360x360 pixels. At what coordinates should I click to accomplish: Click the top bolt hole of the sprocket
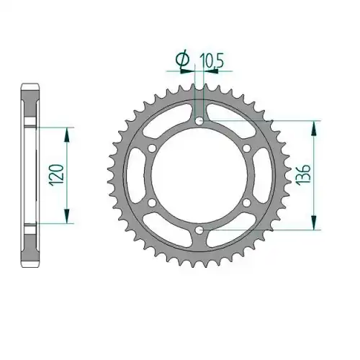199,121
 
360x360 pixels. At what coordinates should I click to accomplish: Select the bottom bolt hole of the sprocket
199,230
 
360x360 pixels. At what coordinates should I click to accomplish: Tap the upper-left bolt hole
152,148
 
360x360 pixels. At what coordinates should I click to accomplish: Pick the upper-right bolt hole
246,148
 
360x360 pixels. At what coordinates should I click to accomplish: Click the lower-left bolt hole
152,203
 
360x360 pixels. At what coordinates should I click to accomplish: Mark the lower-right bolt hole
246,203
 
